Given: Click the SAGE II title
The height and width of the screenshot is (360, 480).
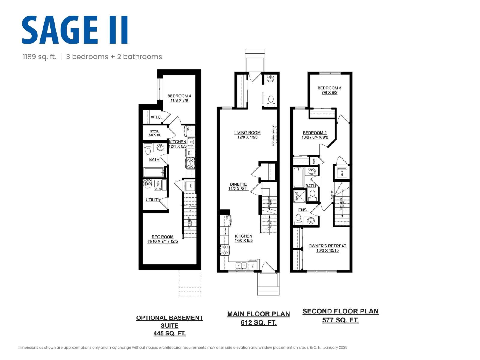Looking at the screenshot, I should coord(75,30).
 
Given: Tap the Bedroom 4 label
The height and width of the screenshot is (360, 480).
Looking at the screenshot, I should coord(179,96).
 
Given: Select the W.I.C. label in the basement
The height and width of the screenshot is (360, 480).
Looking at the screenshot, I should coord(156,117).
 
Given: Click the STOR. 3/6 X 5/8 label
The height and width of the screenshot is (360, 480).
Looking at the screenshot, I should coord(154,133).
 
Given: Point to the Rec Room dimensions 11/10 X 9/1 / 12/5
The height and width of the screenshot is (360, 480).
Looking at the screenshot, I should coord(163,241).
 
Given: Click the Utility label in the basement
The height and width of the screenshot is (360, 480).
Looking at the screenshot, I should coord(153,200).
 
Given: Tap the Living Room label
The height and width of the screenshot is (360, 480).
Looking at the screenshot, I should coord(247,133).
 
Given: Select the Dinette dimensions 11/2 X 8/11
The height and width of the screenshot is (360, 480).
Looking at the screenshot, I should coord(238,189).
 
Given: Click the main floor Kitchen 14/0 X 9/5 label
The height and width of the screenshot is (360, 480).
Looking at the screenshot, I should coord(243,238).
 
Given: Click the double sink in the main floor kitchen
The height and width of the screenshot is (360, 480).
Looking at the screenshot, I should coord(241,265).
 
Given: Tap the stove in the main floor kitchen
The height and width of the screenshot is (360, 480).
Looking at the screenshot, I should coord(225,250).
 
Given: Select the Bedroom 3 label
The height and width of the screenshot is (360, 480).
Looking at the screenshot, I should coord(329,88).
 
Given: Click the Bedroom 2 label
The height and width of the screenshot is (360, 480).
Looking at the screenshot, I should coord(315,133).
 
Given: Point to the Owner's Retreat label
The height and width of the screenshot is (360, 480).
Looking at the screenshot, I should coord(327,246).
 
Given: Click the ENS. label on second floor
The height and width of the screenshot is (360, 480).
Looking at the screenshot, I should coord(303,210).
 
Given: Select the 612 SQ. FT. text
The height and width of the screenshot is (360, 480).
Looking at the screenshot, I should coord(259,323).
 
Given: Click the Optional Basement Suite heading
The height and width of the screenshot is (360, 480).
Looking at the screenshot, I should coord(169,322).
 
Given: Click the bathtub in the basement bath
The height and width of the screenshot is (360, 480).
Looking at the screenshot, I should coord(154,172).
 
